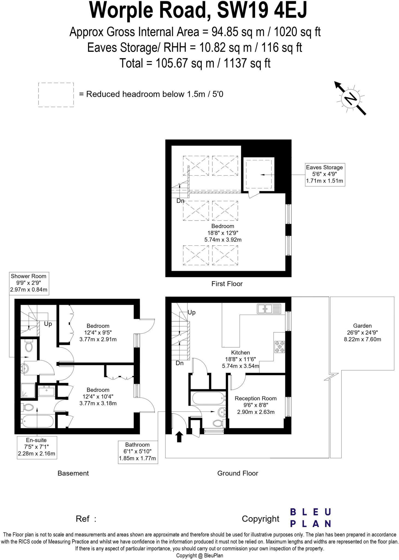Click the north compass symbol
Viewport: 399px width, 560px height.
[x=351, y=98]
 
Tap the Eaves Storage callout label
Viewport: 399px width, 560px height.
[x=325, y=174]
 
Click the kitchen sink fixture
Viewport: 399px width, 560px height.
[x=269, y=309]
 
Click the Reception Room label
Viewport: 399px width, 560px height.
[x=256, y=398]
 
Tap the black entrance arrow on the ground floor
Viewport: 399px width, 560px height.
[x=179, y=436]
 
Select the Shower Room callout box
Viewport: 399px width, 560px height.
[x=28, y=284]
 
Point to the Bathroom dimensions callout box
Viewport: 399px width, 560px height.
[x=138, y=452]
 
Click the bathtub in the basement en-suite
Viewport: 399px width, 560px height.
[x=38, y=421]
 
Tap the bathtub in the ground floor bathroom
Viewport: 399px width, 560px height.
[x=208, y=398]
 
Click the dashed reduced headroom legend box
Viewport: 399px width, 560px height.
[x=56, y=95]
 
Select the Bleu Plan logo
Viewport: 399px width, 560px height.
[x=310, y=518]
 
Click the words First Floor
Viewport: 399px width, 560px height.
[x=227, y=284]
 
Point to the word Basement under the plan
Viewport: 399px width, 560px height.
[x=73, y=473]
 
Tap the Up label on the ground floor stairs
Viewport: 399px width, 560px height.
[x=192, y=313]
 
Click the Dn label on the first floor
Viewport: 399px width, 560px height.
[x=180, y=201]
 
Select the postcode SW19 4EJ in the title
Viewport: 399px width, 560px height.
[x=262, y=10]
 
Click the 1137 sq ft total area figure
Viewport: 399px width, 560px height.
[x=247, y=63]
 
